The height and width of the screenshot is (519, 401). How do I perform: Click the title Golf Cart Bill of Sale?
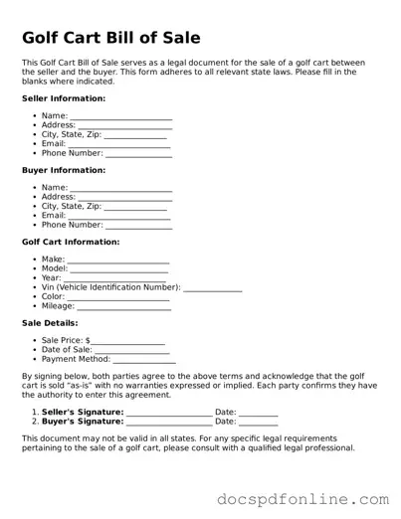(110, 39)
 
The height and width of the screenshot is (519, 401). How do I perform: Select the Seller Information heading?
(64, 98)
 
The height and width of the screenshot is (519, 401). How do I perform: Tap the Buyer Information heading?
(64, 170)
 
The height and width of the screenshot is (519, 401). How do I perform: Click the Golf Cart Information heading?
(71, 242)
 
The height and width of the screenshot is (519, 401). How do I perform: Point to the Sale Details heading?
(50, 323)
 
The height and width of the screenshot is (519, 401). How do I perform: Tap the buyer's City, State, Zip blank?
(135, 208)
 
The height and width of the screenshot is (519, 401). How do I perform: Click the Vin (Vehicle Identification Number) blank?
(213, 289)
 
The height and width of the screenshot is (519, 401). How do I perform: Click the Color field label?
(53, 296)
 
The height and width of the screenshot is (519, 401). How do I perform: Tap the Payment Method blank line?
(144, 361)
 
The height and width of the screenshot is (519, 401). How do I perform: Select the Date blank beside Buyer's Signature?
(259, 423)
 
